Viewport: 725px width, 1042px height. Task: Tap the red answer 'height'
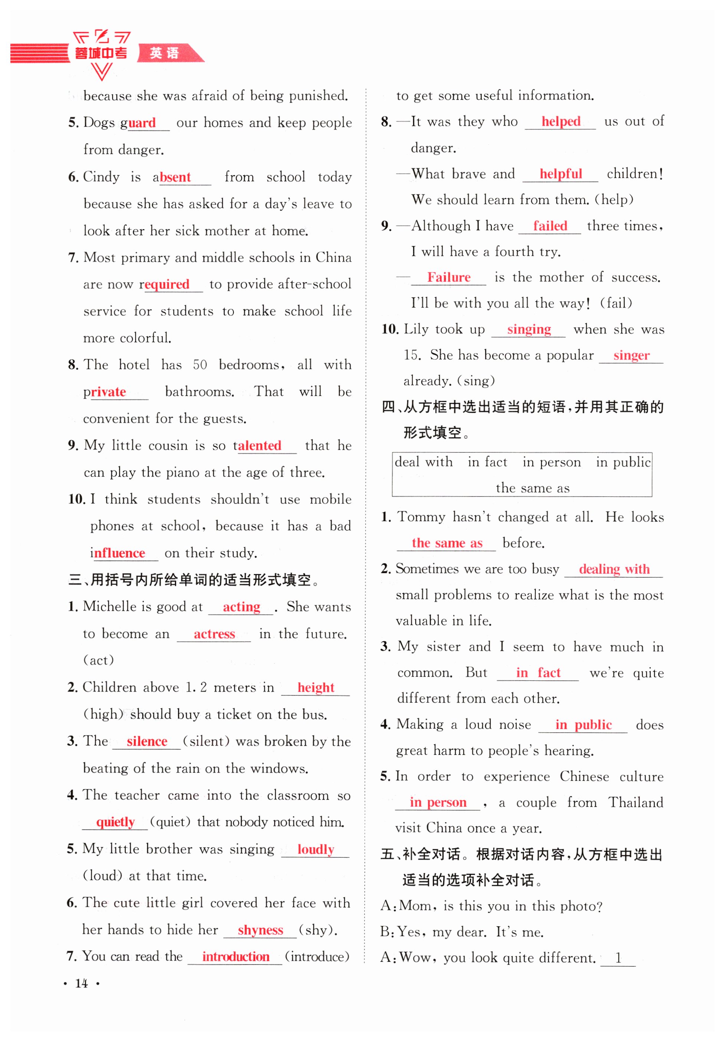(315, 687)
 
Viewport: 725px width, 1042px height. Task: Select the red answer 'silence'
(147, 741)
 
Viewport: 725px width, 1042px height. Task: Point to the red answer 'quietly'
(115, 822)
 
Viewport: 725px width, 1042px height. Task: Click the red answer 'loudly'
(315, 849)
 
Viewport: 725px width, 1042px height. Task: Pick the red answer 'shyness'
(260, 930)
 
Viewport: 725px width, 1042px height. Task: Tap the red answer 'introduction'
(235, 957)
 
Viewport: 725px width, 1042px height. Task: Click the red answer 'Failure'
(449, 277)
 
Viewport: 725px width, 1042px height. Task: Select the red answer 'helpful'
(560, 174)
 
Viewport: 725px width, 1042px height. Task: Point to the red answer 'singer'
(631, 355)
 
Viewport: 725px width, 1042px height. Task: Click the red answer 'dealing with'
(614, 569)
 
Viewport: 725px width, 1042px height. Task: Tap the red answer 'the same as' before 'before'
(447, 543)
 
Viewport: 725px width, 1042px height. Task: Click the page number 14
(81, 984)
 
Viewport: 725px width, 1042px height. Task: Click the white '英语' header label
(164, 53)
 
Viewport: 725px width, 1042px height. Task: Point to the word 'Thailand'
(636, 802)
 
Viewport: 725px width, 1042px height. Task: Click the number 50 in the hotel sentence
(200, 365)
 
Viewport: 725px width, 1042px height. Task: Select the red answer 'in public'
(583, 725)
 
